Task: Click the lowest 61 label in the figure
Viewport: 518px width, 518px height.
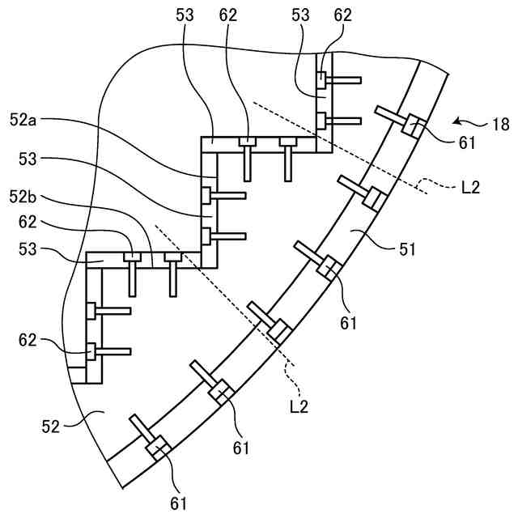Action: point(179,503)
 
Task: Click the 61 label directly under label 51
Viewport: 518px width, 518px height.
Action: point(348,324)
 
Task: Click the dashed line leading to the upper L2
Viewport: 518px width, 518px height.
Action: point(340,146)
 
